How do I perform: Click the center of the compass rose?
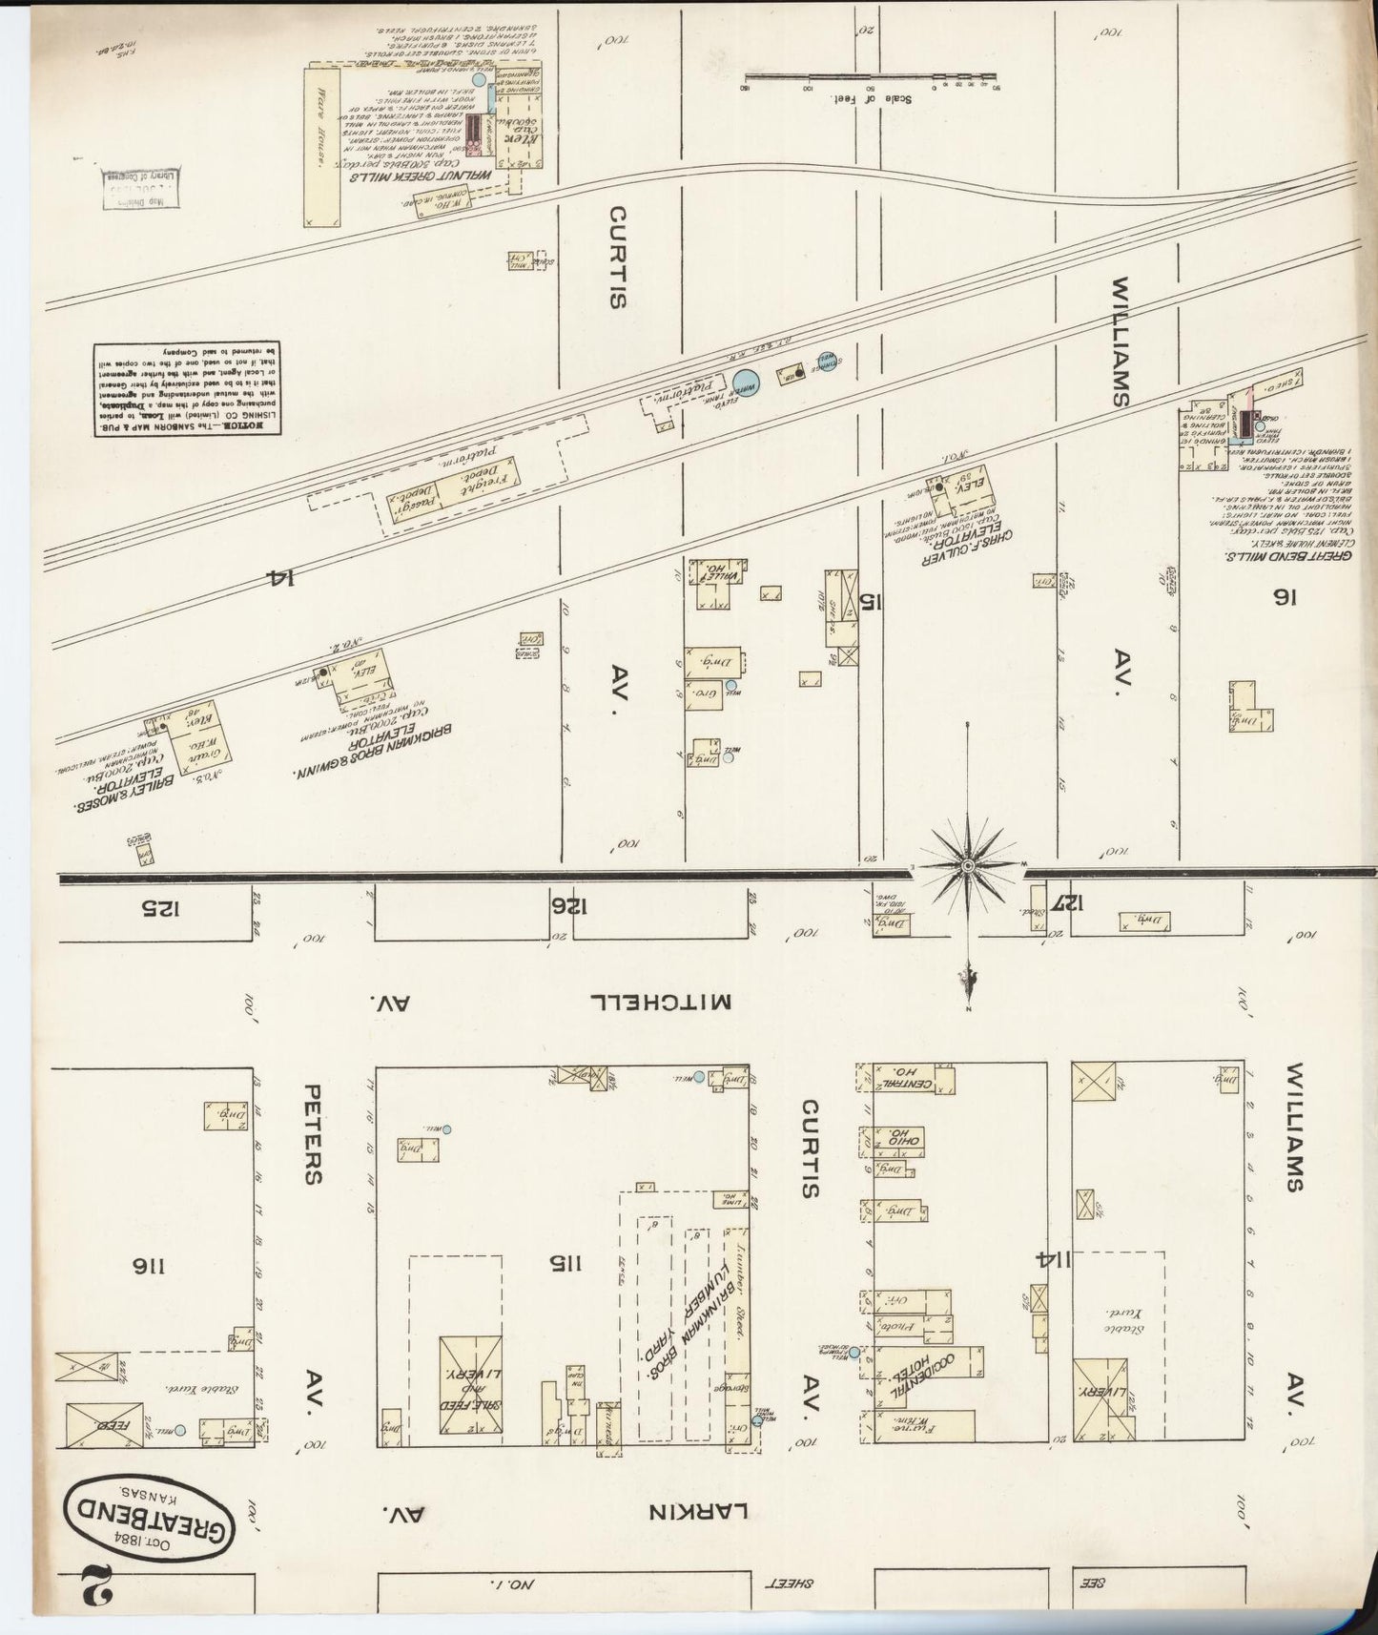968,865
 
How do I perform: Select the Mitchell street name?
661,1002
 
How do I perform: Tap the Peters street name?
312,1133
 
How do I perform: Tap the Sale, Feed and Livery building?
470,1384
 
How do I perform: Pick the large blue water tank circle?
745,383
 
